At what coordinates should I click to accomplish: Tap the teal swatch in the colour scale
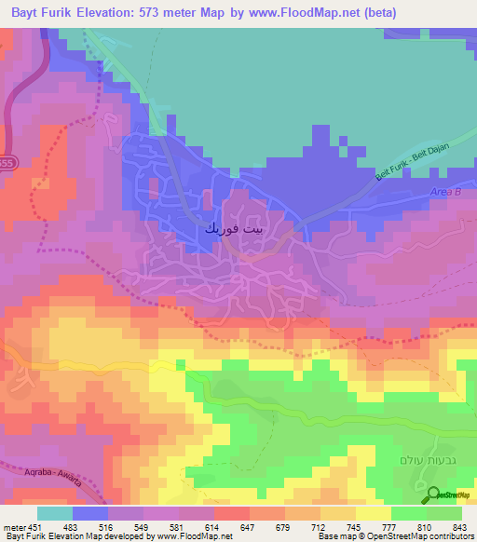(x=55, y=513)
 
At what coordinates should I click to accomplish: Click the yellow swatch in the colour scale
(x=373, y=513)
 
